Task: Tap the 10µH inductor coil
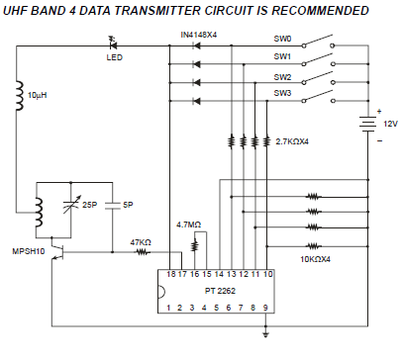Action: (x=20, y=96)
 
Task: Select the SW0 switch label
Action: (x=282, y=39)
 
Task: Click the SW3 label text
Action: (x=282, y=93)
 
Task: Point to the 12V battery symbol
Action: (x=368, y=124)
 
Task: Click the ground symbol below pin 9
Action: (x=265, y=332)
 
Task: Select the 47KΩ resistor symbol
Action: (x=142, y=252)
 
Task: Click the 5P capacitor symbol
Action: (x=112, y=206)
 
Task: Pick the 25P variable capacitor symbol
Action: (x=71, y=205)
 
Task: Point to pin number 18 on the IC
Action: (x=170, y=274)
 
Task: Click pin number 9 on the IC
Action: (x=265, y=308)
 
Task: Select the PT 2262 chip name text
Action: (x=220, y=291)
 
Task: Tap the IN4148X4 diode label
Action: (x=199, y=35)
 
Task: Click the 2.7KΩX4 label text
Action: (x=292, y=141)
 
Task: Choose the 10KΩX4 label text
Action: (x=315, y=259)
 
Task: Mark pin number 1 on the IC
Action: (x=168, y=308)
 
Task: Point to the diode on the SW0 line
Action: (x=197, y=45)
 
